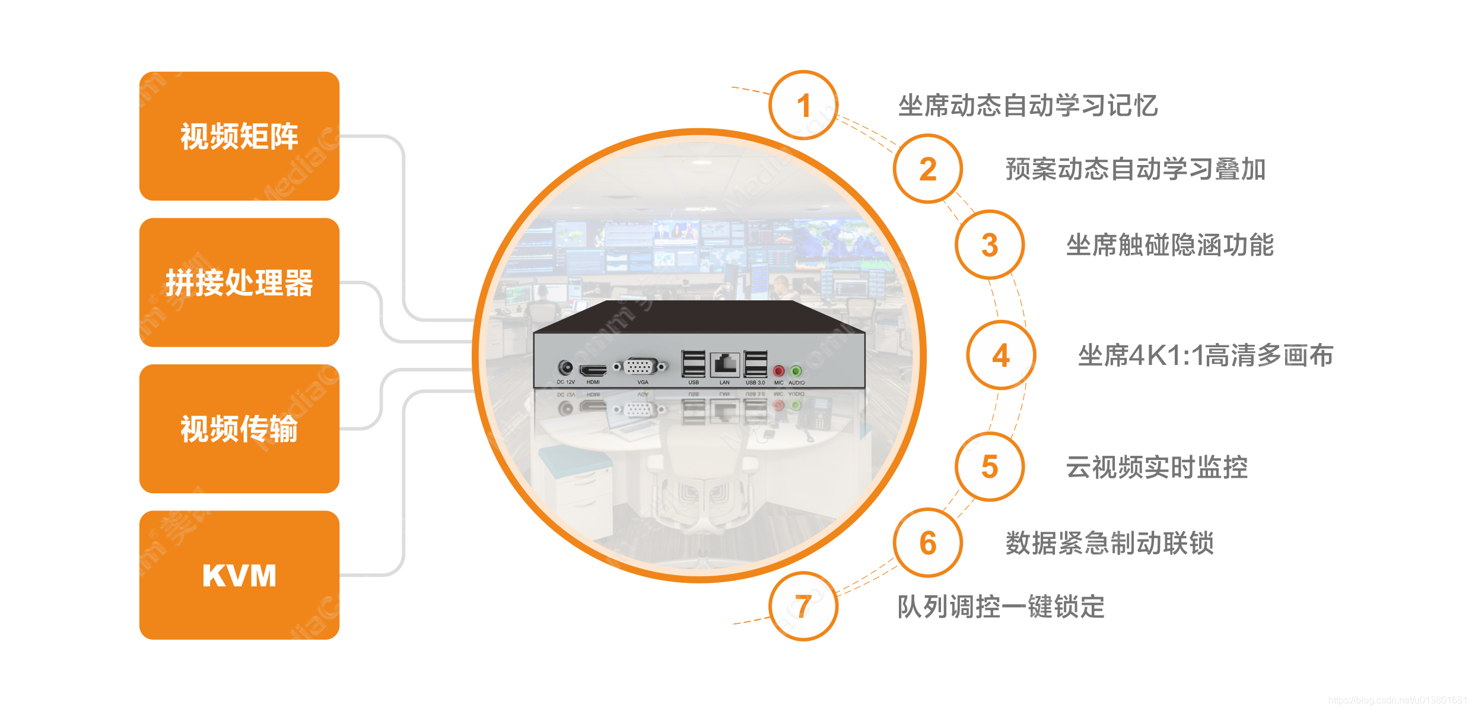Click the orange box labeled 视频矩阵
coord(239,136)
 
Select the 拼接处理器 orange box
coord(239,283)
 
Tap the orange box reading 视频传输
coord(239,428)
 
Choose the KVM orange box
coord(239,575)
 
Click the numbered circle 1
coord(803,106)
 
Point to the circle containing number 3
coord(989,245)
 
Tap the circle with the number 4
coord(1001,355)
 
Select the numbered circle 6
coord(927,542)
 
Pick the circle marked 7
coord(803,606)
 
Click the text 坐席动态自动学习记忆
coord(1028,106)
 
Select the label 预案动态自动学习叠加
coord(1136,169)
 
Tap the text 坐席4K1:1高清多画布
coord(1206,355)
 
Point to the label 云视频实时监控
coord(1157,467)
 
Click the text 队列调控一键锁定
coord(1001,607)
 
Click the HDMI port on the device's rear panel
coord(593,370)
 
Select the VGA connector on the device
coord(640,367)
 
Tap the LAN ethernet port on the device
coord(724,363)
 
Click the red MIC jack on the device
coord(779,372)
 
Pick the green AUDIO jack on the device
coord(796,372)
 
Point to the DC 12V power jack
coord(565,368)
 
